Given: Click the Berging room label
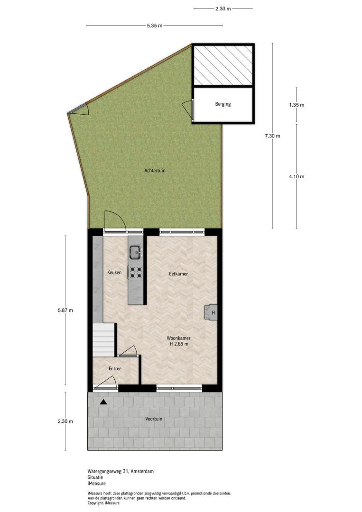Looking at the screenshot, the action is click(x=223, y=104).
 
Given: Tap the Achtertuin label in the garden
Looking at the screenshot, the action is click(x=155, y=171).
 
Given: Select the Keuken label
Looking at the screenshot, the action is click(x=114, y=272).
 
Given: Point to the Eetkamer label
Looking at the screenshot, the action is click(x=178, y=274).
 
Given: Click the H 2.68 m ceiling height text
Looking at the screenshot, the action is click(x=179, y=344).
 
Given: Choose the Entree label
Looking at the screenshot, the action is click(x=115, y=369).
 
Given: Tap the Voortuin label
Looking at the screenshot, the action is click(x=154, y=419).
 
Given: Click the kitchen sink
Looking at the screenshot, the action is click(x=135, y=252).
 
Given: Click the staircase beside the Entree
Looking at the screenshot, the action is click(x=104, y=340).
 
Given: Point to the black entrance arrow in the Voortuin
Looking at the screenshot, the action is click(x=103, y=402).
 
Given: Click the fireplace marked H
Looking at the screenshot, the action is click(x=211, y=312).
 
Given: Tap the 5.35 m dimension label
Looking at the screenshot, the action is click(x=155, y=26).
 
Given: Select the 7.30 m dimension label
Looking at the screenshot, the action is click(x=272, y=136).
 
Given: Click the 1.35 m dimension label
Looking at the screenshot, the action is click(x=297, y=105).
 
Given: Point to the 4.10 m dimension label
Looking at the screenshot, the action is click(x=297, y=177).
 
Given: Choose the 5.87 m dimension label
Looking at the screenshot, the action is click(x=65, y=311).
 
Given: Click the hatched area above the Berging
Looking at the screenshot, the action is click(x=223, y=65).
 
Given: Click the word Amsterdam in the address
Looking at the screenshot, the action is click(x=142, y=471).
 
